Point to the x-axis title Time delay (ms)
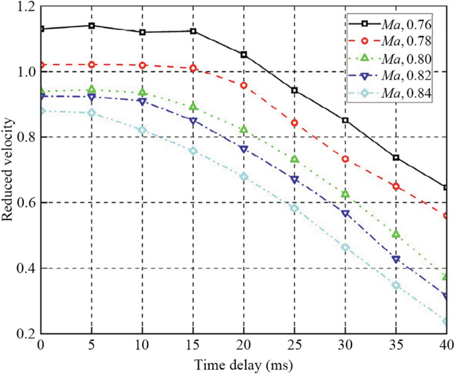[x=244, y=364]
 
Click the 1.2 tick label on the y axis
[x=23, y=7]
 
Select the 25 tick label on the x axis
[x=294, y=347]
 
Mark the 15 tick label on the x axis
[x=193, y=347]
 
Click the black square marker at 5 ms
[x=92, y=26]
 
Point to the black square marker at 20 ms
[x=244, y=54]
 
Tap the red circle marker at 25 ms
[x=294, y=123]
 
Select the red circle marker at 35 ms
[x=396, y=186]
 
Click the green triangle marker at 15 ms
[x=193, y=106]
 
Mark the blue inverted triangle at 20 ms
[x=244, y=150]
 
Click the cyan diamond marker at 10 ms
[x=142, y=130]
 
